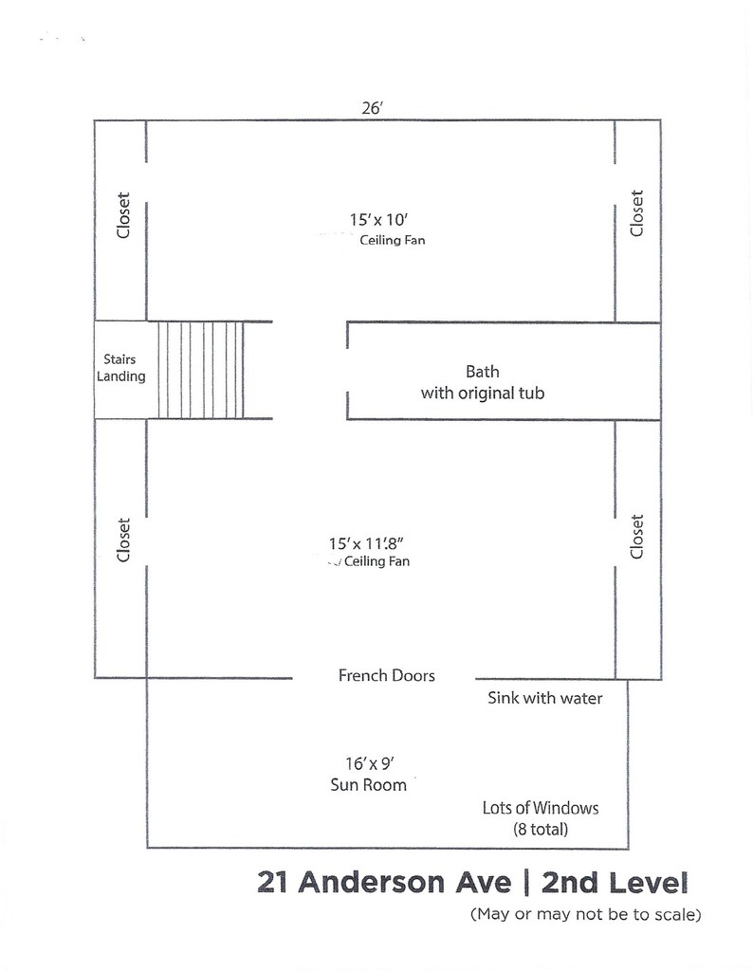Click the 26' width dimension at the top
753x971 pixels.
coord(372,108)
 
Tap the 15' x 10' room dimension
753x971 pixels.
coord(378,219)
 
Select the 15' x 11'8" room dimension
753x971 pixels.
coord(366,543)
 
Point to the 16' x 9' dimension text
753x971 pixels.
coord(370,763)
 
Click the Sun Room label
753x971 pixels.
coord(369,784)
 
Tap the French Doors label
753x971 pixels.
coord(386,675)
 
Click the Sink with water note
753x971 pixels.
coord(545,698)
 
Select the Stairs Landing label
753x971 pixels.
coord(120,368)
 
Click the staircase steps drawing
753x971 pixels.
coord(201,370)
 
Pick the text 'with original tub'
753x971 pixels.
coord(483,394)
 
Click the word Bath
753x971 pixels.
coord(483,372)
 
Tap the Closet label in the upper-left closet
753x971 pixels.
coord(124,215)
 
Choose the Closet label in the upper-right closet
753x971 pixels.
coord(636,213)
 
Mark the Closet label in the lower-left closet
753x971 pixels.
coord(124,540)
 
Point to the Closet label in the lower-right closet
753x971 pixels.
coord(636,537)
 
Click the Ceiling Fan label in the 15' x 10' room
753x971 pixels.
coord(393,240)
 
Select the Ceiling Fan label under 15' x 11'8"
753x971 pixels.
coord(377,561)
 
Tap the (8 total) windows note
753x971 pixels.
coord(541,829)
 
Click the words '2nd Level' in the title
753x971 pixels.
coord(615,883)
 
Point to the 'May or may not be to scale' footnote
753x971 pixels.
coord(586,914)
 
